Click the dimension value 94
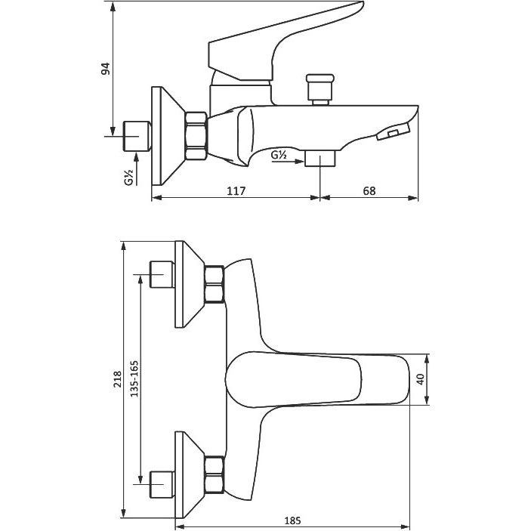pos(106,69)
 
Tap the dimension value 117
pos(236,191)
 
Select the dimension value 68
pos(369,191)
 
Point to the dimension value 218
pos(117,379)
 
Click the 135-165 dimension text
pos(134,378)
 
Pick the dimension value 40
pos(420,379)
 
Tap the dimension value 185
pos(292,520)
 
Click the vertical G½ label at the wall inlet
pos(128,178)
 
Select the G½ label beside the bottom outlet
pos(279,155)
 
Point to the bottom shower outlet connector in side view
pos(320,159)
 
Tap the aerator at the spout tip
pos(393,131)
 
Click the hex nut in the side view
pos(196,136)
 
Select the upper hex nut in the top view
pos(215,285)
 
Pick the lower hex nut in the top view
pos(215,474)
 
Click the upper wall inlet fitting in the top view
pos(162,274)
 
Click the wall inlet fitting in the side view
pos(137,136)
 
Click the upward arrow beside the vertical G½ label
pos(137,168)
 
